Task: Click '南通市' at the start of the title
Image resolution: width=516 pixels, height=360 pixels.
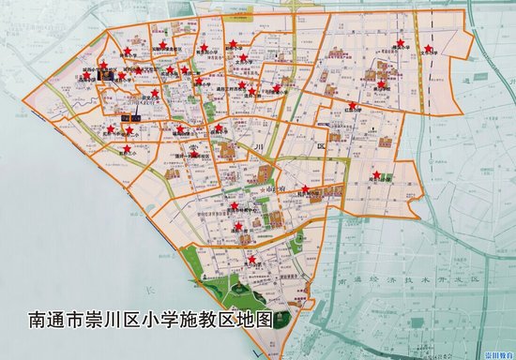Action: click(59, 320)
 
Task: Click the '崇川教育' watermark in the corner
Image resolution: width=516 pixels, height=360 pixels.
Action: click(494, 353)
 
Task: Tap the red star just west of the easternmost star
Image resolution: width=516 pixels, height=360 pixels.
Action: click(401, 42)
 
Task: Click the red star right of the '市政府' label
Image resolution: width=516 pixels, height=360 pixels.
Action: click(306, 188)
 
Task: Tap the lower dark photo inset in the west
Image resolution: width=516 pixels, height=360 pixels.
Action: click(137, 117)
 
